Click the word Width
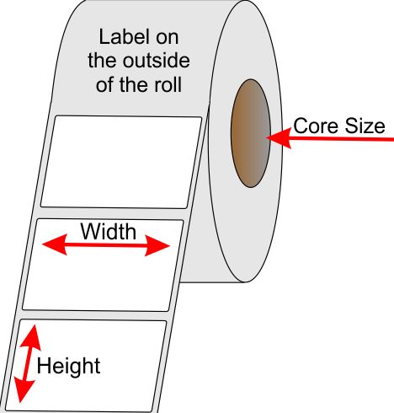pyautogui.click(x=109, y=231)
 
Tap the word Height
pyautogui.click(x=68, y=367)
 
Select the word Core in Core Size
pyautogui.click(x=316, y=126)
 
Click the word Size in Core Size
pyautogui.click(x=365, y=126)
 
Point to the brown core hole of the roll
pyautogui.click(x=251, y=133)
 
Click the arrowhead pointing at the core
pyautogui.click(x=279, y=137)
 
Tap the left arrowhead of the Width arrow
pyautogui.click(x=55, y=244)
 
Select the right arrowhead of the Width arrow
pyautogui.click(x=157, y=246)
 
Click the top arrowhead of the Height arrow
pyautogui.click(x=31, y=337)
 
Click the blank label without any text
pyautogui.click(x=121, y=162)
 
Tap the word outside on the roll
pyautogui.click(x=157, y=61)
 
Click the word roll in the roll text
pyautogui.click(x=168, y=84)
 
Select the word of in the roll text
pyautogui.click(x=105, y=84)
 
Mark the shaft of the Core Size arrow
pyautogui.click(x=343, y=139)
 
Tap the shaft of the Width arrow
pyautogui.click(x=106, y=245)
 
